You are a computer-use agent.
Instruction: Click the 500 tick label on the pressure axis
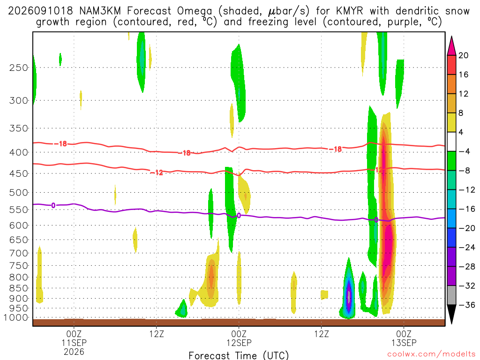point(19,193)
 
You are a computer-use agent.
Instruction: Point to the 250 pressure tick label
point(19,67)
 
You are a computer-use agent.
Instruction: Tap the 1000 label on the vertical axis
point(16,318)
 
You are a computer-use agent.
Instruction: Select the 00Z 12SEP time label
point(239,338)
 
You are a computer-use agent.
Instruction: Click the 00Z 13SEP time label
point(404,338)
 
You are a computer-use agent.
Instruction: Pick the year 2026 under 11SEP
point(74,352)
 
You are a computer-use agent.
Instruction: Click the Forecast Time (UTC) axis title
point(239,355)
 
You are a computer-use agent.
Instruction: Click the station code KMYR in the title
point(349,11)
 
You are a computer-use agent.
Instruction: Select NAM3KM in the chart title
point(100,11)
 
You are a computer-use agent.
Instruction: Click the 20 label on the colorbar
point(463,55)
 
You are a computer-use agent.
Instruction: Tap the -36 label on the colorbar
point(467,305)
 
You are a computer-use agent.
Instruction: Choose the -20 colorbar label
point(467,228)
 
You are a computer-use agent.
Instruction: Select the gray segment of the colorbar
point(451,295)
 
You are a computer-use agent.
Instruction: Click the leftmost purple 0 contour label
point(53,205)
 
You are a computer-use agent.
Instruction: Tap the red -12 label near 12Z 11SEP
point(157,172)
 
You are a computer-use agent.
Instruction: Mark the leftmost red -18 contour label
point(60,143)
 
